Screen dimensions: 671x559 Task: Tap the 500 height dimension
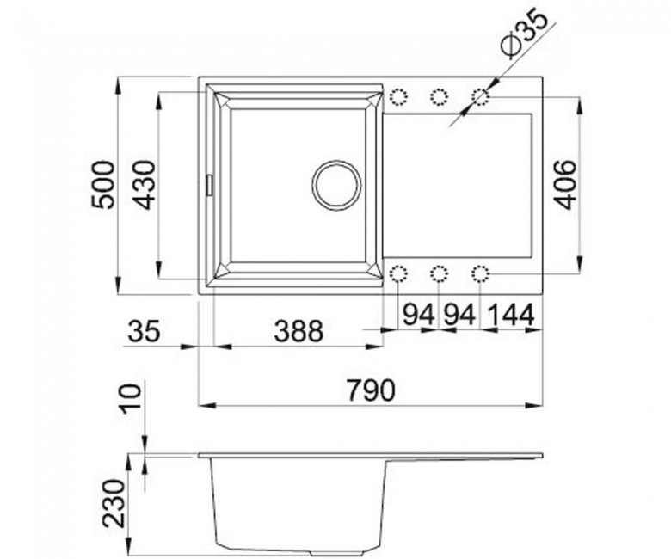coord(103,185)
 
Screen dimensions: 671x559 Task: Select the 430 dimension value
coord(144,185)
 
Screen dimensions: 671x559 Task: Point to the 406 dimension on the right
coord(565,185)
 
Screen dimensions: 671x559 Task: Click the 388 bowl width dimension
coord(299,330)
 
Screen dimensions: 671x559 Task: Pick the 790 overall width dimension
coord(371,390)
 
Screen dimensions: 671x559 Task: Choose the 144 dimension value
coord(511,316)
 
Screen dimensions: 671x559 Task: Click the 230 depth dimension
coord(113,502)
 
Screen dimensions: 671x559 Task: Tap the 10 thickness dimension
coord(129,398)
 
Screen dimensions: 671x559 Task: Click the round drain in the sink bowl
coord(336,185)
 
